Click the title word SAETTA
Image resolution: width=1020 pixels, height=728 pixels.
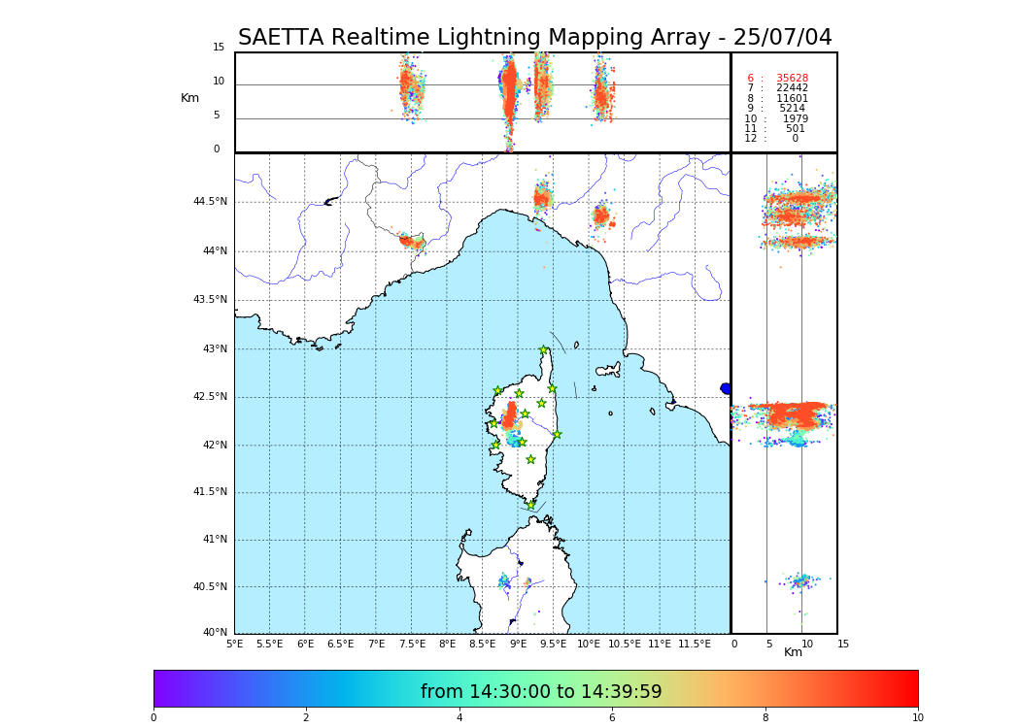282,38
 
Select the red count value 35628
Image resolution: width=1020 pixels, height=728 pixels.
792,79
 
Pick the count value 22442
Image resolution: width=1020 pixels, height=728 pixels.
792,88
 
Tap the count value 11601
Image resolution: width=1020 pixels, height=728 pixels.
792,99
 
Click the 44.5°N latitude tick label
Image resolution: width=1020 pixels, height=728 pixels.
210,202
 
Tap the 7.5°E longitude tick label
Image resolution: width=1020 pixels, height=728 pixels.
412,645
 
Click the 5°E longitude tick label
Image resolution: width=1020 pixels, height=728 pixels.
234,645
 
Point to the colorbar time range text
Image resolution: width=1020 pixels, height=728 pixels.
541,692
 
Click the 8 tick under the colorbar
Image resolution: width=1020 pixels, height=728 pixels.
765,718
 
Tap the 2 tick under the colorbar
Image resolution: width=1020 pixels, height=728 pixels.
306,718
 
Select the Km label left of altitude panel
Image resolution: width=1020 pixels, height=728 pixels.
189,98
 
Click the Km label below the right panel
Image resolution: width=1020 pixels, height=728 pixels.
793,652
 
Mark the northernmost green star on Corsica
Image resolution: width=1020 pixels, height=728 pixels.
543,350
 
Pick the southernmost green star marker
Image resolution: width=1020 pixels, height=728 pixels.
531,505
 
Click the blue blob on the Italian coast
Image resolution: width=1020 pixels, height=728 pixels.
726,388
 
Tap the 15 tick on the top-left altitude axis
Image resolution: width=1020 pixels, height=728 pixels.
219,48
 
